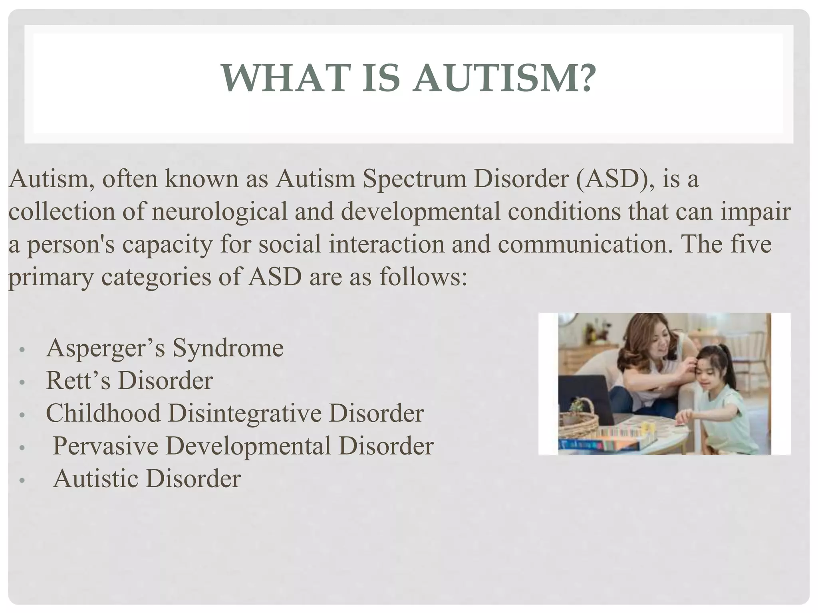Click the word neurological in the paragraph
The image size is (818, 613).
pos(219,212)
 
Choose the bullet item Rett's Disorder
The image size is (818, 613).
pos(129,381)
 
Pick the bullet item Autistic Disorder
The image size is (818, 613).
pos(147,479)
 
